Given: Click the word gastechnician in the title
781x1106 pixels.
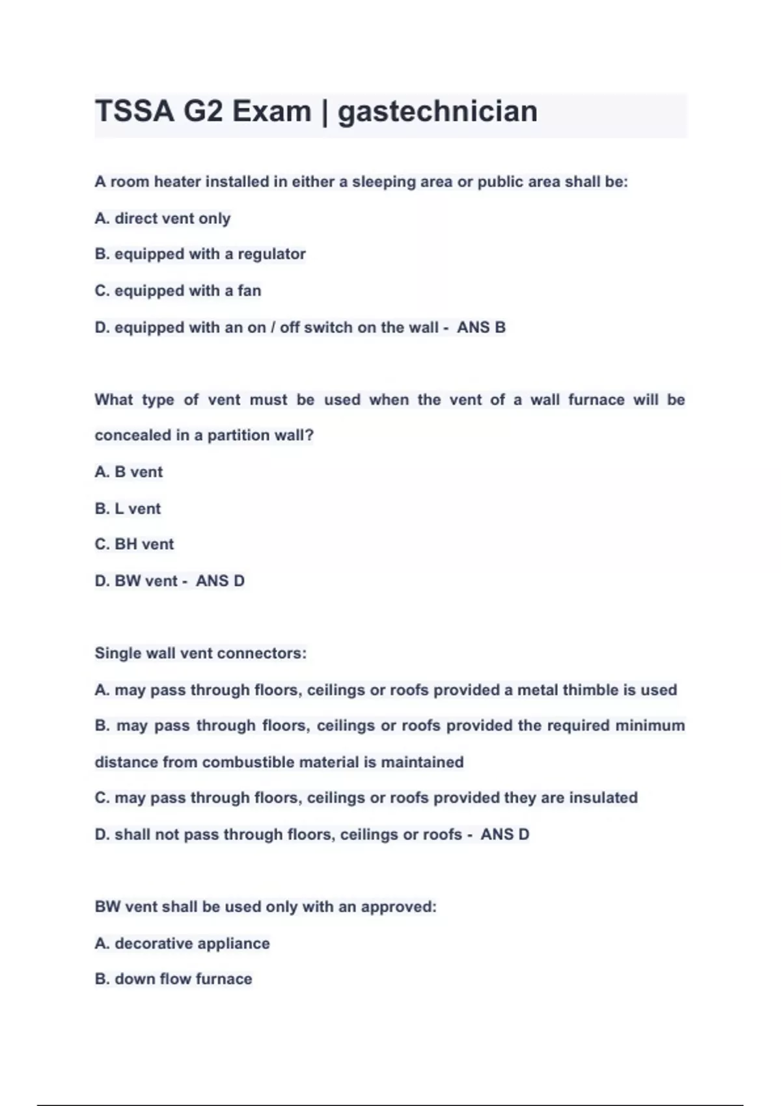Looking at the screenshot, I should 437,111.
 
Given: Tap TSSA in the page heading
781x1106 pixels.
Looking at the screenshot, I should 135,111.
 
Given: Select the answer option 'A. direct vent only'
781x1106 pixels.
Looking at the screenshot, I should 162,219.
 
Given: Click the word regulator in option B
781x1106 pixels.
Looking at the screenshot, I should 271,254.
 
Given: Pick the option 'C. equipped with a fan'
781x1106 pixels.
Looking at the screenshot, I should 178,291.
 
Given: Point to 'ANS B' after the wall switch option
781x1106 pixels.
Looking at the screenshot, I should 481,327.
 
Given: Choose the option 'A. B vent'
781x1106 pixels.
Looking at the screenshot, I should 128,472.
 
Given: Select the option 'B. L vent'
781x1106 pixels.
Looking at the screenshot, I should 128,509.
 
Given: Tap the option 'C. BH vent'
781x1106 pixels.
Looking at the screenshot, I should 134,545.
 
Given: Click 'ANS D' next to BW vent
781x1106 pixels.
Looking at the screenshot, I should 220,581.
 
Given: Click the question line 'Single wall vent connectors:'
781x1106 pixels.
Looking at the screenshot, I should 200,653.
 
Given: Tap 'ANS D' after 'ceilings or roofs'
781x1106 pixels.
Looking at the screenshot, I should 504,835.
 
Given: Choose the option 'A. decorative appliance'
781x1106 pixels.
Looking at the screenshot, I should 182,944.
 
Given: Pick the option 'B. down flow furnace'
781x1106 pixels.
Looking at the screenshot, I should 173,979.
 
